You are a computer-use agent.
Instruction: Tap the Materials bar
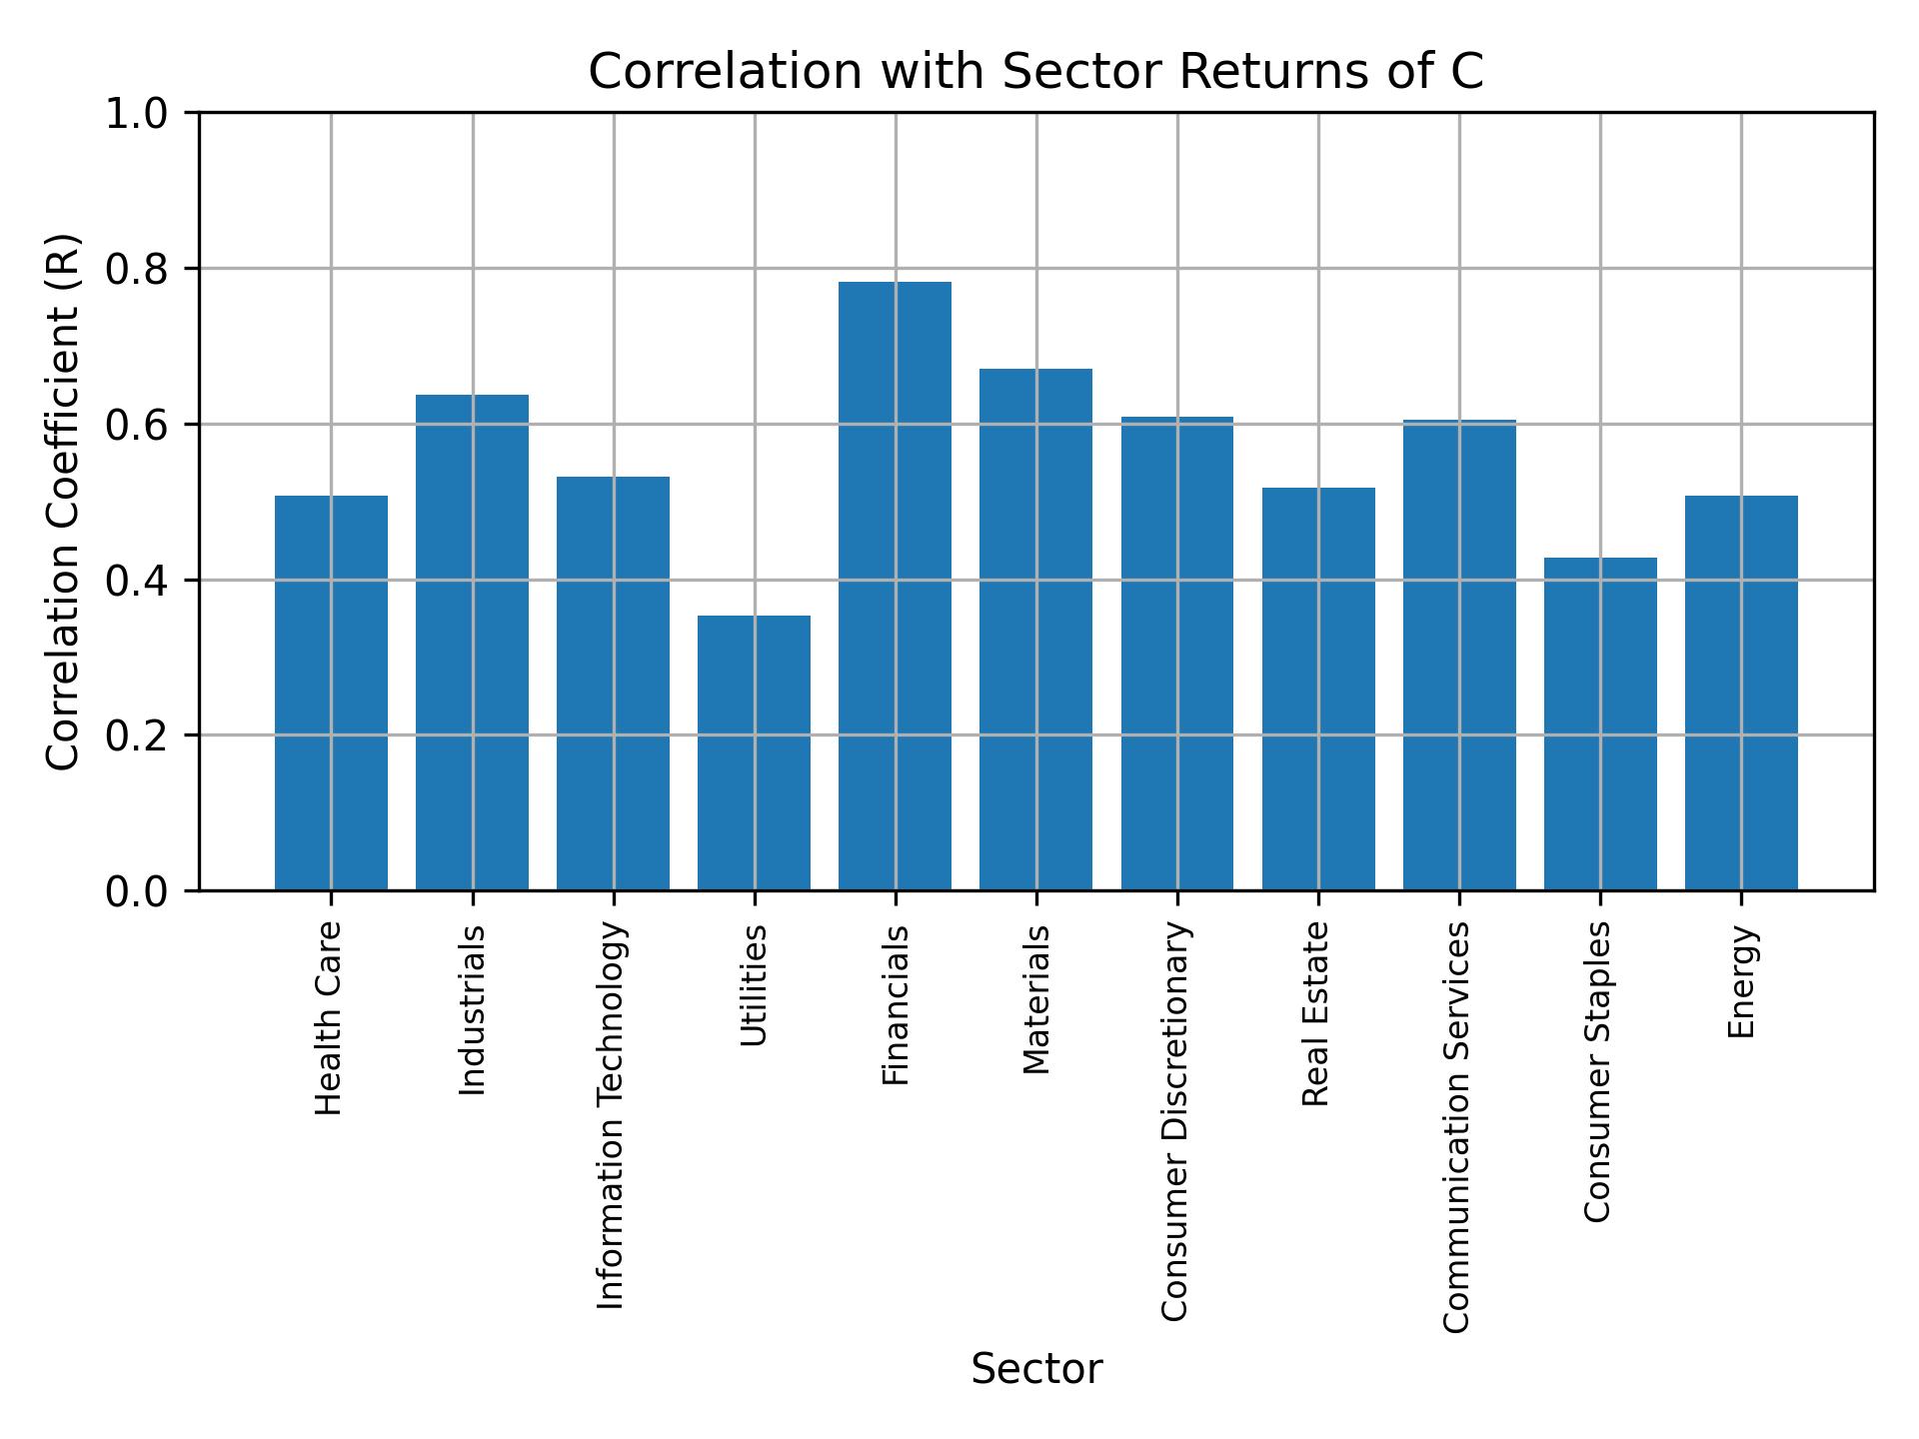point(1035,630)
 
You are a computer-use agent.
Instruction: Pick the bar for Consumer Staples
point(1600,723)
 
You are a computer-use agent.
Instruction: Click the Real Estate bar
point(1318,689)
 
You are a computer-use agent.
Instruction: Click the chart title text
point(1035,72)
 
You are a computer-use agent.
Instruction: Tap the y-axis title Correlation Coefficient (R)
point(63,502)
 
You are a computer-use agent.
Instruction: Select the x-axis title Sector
point(1036,1369)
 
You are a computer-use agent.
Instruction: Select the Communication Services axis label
point(1457,1127)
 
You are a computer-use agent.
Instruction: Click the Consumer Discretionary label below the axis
point(1175,1121)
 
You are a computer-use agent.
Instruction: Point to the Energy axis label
point(1741,981)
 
